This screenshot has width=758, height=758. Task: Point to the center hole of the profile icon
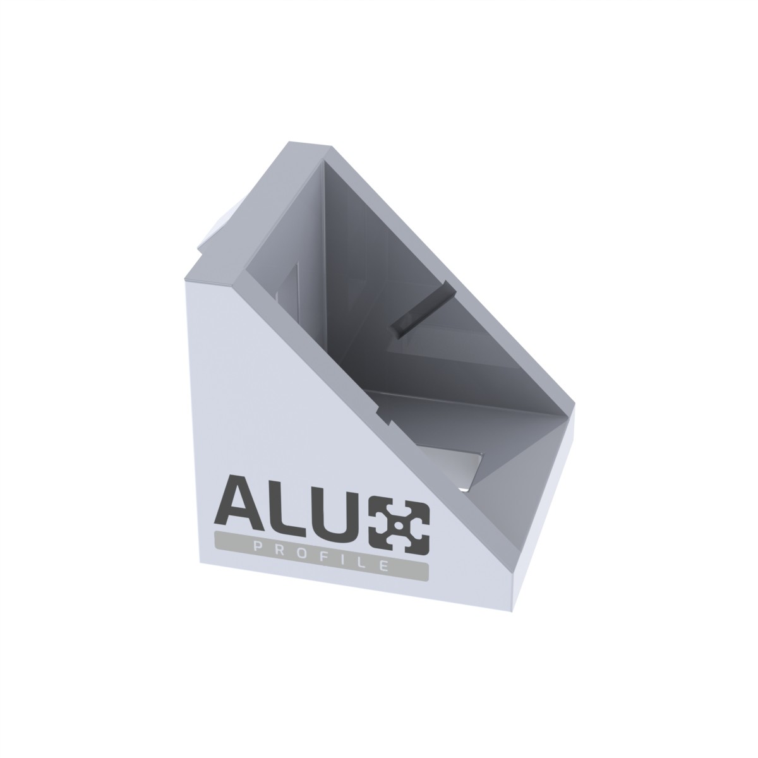tap(400, 525)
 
